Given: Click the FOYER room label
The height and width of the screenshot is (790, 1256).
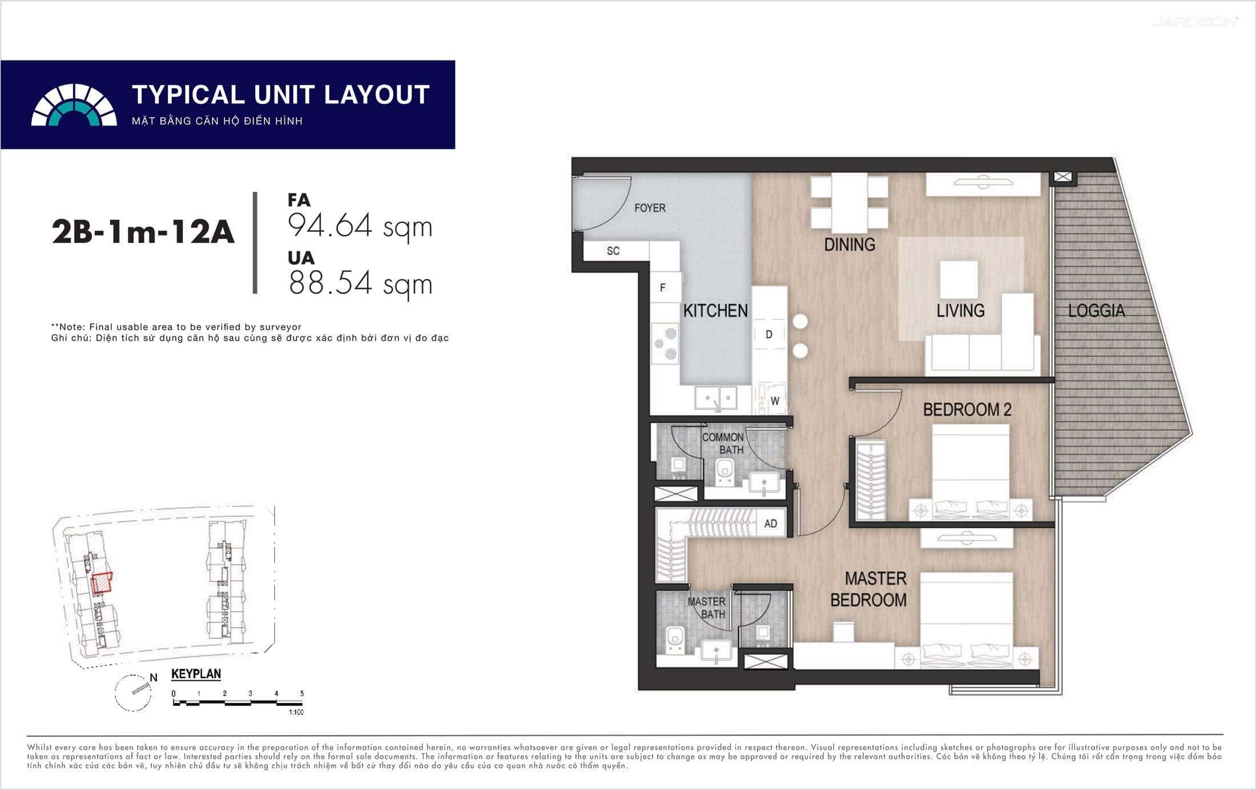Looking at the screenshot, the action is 650,208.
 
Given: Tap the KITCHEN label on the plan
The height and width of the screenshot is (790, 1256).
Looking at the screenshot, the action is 715,311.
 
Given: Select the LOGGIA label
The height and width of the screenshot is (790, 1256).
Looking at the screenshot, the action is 1096,311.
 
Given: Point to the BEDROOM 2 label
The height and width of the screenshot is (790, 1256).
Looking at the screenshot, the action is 967,410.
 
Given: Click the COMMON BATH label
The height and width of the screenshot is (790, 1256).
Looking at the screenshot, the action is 723,443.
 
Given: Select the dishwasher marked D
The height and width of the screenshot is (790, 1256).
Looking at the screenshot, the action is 769,334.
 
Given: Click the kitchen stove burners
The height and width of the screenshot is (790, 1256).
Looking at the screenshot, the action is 665,343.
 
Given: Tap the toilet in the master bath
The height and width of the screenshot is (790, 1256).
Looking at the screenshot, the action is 675,639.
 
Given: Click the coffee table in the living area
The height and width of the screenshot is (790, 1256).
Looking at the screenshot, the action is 959,280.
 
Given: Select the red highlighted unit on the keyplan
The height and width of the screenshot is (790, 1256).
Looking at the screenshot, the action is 102,583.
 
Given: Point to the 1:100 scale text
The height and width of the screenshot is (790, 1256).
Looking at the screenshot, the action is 296,712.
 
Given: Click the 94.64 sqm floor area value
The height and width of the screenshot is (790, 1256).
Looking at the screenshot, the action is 360,226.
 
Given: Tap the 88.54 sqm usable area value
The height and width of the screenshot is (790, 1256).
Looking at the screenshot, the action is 360,284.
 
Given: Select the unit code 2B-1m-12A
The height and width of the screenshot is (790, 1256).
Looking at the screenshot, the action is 143,232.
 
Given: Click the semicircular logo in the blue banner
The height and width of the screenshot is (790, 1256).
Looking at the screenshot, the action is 74,105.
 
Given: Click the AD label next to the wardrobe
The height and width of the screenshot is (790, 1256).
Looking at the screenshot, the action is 770,524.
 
